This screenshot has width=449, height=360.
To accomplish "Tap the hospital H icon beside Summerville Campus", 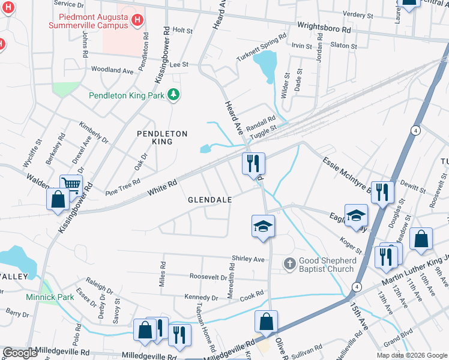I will (137, 22).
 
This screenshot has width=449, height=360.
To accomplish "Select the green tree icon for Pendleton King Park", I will (173, 94).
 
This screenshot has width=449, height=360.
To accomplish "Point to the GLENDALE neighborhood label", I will (209, 199).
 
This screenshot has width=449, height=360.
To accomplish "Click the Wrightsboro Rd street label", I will (324, 28).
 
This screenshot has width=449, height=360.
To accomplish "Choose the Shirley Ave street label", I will (248, 259).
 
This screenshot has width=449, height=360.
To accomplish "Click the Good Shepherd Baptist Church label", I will (328, 265).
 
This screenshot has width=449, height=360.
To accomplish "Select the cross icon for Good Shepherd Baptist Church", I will (289, 263).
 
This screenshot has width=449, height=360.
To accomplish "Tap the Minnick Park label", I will (50, 297).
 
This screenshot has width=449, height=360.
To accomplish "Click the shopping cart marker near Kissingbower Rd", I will (70, 185).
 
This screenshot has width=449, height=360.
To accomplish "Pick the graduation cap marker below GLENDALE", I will (263, 226).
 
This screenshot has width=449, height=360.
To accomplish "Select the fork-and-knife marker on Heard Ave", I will (253, 163).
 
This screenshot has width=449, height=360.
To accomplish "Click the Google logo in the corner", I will (20, 353).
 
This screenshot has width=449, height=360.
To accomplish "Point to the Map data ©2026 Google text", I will (411, 355).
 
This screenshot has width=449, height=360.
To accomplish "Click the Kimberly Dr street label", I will (93, 133).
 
